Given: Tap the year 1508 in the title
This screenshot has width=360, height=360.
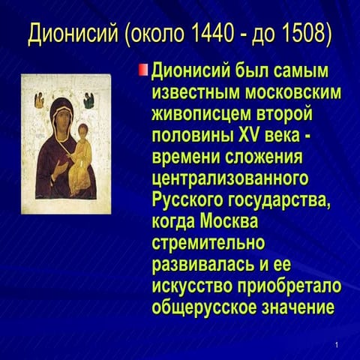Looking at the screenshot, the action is (x=304, y=33).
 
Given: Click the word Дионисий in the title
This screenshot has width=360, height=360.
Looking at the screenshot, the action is (x=73, y=33).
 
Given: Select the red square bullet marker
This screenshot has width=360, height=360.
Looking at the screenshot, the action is (x=143, y=70).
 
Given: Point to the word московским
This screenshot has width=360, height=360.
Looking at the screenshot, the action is (x=292, y=93).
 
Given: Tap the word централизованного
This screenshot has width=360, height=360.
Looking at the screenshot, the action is (x=230, y=179).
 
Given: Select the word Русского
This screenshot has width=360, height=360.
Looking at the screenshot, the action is (x=187, y=200).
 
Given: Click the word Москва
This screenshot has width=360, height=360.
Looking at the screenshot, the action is (x=229, y=222).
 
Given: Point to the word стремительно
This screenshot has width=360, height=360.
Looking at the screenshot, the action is (x=208, y=243).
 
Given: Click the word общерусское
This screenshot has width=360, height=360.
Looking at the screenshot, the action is (x=204, y=308).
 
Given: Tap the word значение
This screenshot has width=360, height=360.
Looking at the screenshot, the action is (x=298, y=307).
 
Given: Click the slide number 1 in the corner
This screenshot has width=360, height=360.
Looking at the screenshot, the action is (x=337, y=345).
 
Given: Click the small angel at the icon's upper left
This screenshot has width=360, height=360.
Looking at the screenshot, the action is (x=39, y=100).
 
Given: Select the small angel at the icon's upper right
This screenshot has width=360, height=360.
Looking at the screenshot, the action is (x=88, y=100).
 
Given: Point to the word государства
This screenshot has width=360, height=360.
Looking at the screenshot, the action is (x=278, y=201).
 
